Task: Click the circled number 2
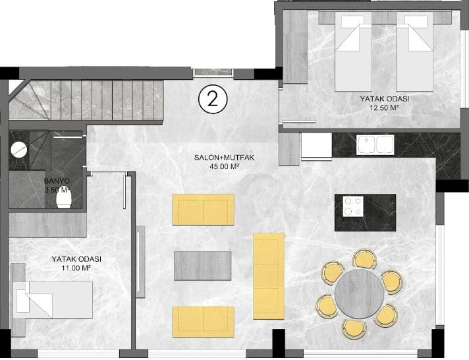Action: pos(213,100)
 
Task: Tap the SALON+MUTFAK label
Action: pos(224,158)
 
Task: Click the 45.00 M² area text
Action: pos(224,166)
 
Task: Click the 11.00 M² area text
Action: pos(76,268)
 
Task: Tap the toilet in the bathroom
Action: pos(64,199)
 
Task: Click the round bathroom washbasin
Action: pos(19,149)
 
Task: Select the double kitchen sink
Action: pos(375,144)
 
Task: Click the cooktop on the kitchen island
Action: pos(353,206)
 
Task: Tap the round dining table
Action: pos(359,294)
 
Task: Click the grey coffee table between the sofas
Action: pos(202,266)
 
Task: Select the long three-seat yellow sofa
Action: pos(269,276)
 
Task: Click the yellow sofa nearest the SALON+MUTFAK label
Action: pos(203,210)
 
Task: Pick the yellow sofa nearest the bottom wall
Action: pos(203,322)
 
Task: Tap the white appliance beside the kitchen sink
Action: pos(316,145)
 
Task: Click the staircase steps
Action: pos(87,100)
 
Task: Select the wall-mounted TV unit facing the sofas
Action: pos(140,262)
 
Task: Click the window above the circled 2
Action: pos(213,73)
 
